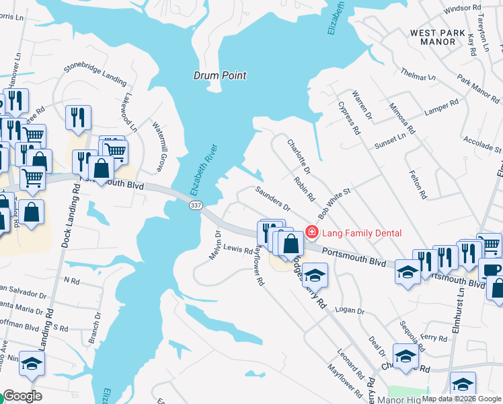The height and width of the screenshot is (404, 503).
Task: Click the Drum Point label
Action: point(220,75)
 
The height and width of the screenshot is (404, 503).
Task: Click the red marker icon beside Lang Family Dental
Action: point(311,232)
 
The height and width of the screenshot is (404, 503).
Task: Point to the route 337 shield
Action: point(195,205)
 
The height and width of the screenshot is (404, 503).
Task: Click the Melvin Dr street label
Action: point(217,242)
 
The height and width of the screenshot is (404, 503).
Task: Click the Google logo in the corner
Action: point(23,396)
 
